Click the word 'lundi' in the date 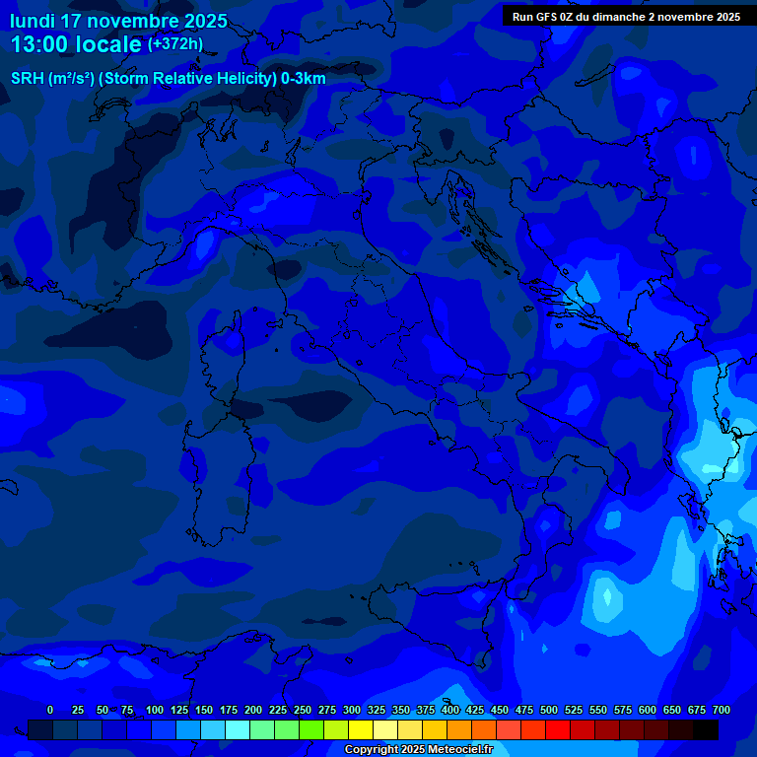pos(33,21)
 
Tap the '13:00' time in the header pos(38,44)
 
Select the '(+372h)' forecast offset pos(175,44)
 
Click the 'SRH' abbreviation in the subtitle pos(27,79)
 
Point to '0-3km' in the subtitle pos(304,79)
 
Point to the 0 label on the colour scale pos(50,710)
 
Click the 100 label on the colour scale pos(155,710)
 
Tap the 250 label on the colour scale pos(303,710)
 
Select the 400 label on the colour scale pos(450,710)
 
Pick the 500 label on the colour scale pos(549,710)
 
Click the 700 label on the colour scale pos(722,710)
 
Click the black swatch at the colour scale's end pos(706,730)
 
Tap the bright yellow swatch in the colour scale pos(361,730)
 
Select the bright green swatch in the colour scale pos(311,730)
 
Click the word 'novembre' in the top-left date pos(132,21)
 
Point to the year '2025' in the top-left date pos(205,21)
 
